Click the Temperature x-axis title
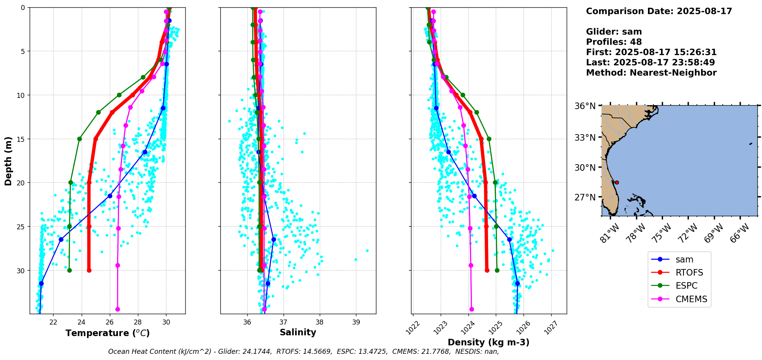(x=107, y=333)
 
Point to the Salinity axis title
(x=298, y=332)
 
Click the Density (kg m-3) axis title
(x=488, y=342)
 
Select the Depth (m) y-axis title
(x=8, y=161)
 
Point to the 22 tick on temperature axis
(x=53, y=322)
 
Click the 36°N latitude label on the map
(x=585, y=106)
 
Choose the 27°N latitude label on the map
(x=585, y=197)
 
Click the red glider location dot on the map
(x=617, y=182)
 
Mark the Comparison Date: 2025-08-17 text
(x=659, y=11)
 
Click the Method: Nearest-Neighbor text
(x=651, y=73)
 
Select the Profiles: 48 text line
(x=614, y=42)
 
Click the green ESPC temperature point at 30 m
(x=69, y=270)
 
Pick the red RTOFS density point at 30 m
(x=487, y=270)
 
